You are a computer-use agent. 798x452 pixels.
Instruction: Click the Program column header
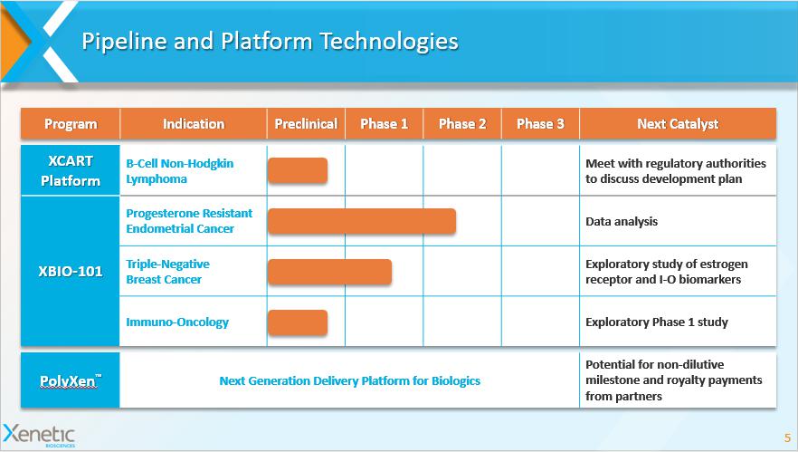pos(71,124)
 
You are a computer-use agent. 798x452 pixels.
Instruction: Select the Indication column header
pos(194,124)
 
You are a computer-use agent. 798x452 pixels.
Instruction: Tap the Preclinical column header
pos(306,124)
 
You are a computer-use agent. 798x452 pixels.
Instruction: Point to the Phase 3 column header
pos(540,124)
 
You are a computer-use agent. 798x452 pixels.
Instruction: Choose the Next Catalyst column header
pos(678,124)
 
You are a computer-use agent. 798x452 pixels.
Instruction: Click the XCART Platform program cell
pos(71,170)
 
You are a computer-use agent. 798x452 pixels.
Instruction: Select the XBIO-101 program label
pos(71,271)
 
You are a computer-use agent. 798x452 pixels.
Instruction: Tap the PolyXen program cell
pos(71,380)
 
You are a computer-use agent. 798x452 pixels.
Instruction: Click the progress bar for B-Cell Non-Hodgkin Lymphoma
pos(298,170)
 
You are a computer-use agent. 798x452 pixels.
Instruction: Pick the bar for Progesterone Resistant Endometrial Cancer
pos(362,221)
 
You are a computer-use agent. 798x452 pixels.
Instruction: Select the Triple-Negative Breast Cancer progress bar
pos(329,272)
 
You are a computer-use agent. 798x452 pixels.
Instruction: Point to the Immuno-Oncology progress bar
pos(298,322)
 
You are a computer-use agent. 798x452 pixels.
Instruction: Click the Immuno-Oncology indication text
pos(177,322)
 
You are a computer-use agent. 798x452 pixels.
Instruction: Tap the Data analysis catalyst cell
pos(622,221)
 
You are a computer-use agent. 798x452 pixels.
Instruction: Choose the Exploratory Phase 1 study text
pos(657,322)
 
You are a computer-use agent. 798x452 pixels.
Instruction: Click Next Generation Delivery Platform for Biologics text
pos(349,380)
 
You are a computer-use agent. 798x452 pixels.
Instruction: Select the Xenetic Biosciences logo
pos(39,436)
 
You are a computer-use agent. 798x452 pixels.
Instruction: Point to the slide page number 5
pos(787,438)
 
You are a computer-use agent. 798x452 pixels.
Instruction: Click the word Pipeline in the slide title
pos(124,42)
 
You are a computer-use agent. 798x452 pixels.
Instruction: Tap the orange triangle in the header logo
pos(14,42)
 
